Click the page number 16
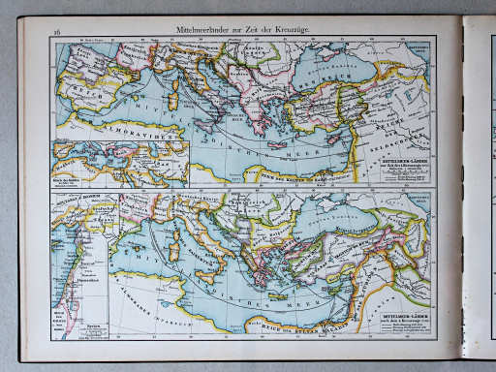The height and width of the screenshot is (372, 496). [58, 31]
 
